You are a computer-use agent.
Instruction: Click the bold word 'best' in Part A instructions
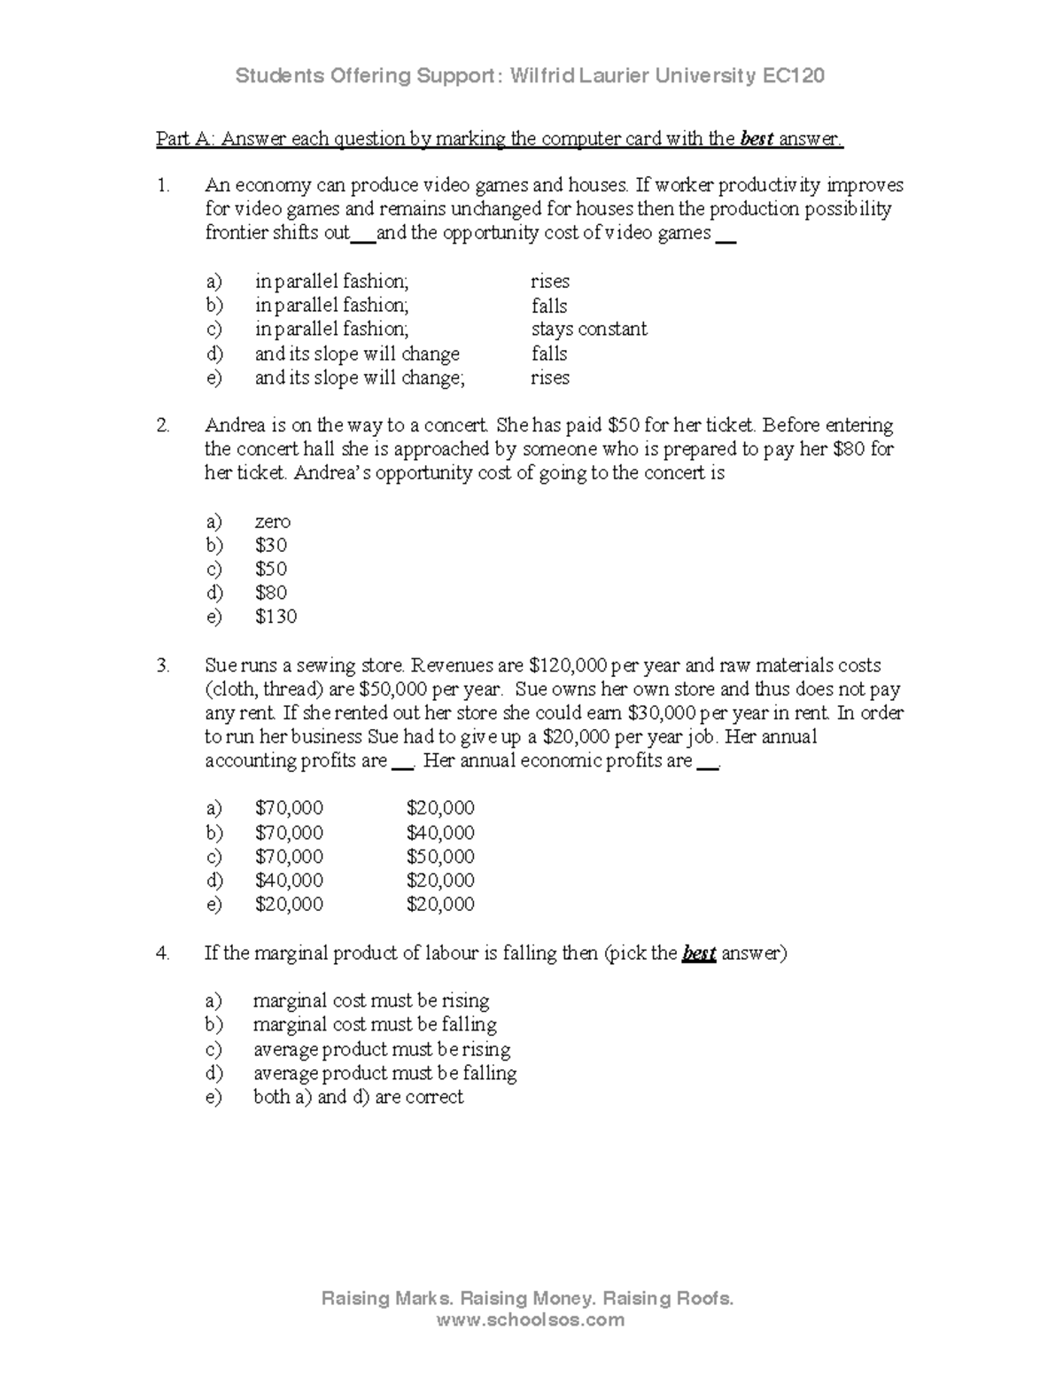tap(757, 139)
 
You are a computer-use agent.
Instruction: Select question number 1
tap(162, 186)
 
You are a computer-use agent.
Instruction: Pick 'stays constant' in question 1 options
tap(589, 330)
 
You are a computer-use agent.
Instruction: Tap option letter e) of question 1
tap(213, 378)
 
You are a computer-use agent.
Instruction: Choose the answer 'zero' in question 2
tap(272, 522)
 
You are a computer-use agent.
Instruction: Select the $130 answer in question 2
tap(275, 617)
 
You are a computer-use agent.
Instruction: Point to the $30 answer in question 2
tap(270, 546)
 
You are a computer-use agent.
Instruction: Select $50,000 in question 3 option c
tap(440, 857)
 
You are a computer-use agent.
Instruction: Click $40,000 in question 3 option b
tap(440, 833)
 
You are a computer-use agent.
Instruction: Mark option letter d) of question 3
tap(213, 881)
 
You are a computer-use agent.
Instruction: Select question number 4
tap(162, 953)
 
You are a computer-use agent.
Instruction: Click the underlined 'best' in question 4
tap(699, 954)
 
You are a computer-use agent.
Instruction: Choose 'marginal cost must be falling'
tap(375, 1025)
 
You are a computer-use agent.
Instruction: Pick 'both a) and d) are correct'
tap(358, 1097)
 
